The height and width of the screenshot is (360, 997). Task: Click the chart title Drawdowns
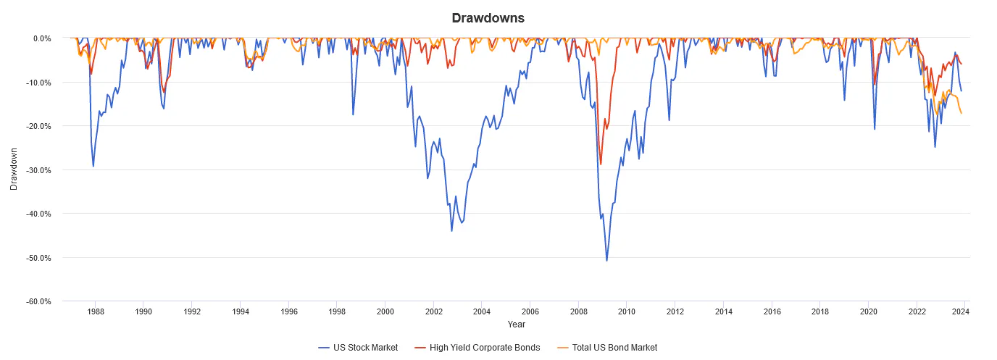498,17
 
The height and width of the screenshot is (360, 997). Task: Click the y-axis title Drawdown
14,169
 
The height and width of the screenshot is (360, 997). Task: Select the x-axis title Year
517,324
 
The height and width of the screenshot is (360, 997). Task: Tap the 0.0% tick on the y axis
41,38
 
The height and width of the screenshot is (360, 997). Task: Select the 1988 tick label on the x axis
95,311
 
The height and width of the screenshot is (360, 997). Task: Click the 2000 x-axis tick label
385,311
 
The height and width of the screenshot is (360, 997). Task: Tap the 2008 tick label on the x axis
578,311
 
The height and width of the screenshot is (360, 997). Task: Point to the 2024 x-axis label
961,311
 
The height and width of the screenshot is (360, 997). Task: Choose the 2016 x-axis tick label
772,311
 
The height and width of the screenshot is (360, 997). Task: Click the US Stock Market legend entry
358,348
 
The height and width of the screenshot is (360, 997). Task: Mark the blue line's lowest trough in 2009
606,261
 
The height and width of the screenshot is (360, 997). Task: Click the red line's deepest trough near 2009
601,164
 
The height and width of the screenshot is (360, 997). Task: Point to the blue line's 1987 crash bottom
93,167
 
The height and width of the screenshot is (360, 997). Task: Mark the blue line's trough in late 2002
451,231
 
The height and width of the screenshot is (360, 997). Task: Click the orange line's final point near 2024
961,113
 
